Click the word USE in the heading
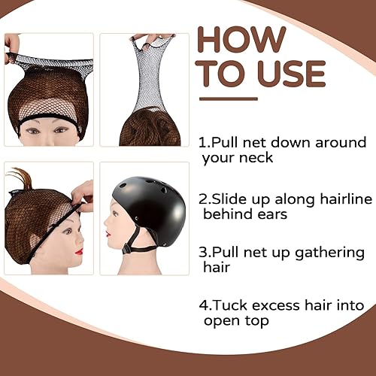point(290,74)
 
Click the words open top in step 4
point(234,321)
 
